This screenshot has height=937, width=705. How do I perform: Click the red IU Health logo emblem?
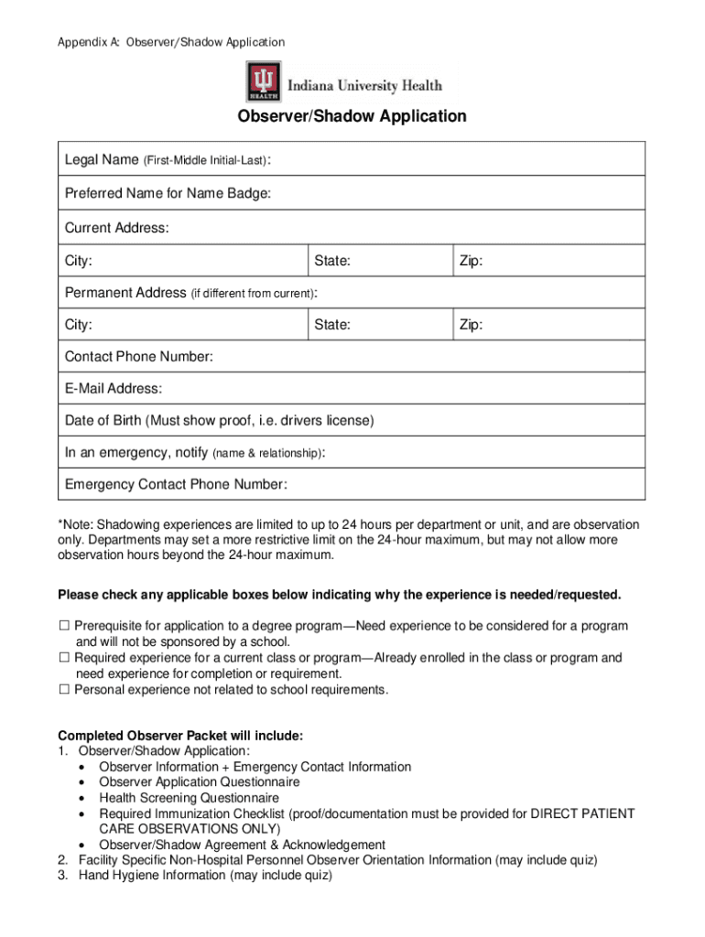pyautogui.click(x=264, y=81)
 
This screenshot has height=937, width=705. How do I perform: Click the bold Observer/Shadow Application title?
pyautogui.click(x=352, y=117)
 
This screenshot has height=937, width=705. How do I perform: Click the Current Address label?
pyautogui.click(x=116, y=228)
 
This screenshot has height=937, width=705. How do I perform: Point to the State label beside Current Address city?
pyautogui.click(x=332, y=262)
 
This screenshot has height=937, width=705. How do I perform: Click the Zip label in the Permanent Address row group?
pyautogui.click(x=471, y=325)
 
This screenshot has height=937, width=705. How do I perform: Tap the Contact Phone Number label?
pyautogui.click(x=138, y=357)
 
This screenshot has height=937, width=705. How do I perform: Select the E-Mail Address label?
pyautogui.click(x=114, y=389)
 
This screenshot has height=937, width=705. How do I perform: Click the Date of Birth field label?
pyautogui.click(x=219, y=421)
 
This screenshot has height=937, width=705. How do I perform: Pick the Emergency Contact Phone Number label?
pyautogui.click(x=175, y=484)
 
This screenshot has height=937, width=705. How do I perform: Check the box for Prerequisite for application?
pyautogui.click(x=64, y=627)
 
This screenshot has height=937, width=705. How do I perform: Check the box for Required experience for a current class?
pyautogui.click(x=64, y=658)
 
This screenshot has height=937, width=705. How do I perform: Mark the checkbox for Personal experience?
pyautogui.click(x=64, y=690)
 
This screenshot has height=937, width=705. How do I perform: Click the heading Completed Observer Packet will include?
pyautogui.click(x=180, y=736)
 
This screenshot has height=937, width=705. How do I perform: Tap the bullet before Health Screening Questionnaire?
pyautogui.click(x=84, y=798)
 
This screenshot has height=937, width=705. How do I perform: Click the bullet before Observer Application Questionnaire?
pyautogui.click(x=84, y=782)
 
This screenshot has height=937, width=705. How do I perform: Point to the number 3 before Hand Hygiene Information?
pyautogui.click(x=62, y=876)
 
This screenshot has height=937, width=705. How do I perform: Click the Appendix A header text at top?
pyautogui.click(x=171, y=42)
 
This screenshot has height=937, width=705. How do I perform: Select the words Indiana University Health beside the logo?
pyautogui.click(x=364, y=86)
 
